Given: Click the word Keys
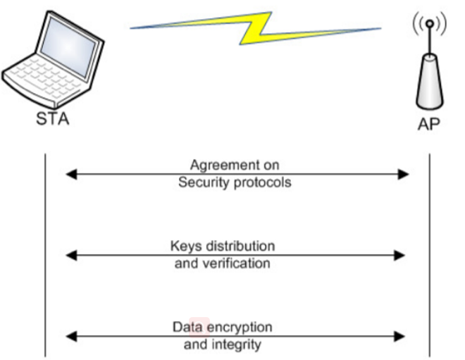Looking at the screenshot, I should point(185,247).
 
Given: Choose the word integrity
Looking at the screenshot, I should point(236,345).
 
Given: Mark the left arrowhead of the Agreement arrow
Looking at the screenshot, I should point(70,174).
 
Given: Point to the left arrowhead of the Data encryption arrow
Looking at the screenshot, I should point(70,336).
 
